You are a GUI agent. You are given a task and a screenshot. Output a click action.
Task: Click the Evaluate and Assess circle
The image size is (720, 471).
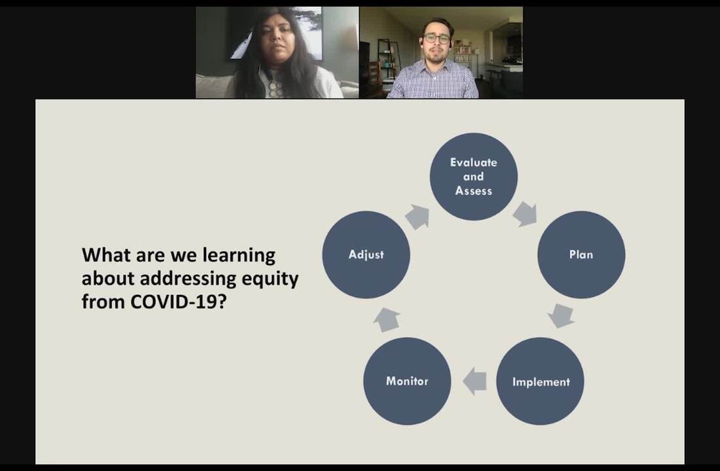[x=473, y=177]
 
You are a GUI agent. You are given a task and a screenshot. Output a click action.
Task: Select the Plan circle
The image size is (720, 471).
[x=581, y=254]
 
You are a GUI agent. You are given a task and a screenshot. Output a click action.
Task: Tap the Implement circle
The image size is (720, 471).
[x=541, y=381]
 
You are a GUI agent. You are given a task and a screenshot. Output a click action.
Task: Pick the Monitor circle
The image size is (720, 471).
[x=407, y=381]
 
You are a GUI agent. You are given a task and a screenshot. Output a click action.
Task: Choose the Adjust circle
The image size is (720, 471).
[x=366, y=254]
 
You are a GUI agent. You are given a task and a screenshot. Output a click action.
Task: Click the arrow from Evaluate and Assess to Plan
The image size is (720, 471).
[x=526, y=214]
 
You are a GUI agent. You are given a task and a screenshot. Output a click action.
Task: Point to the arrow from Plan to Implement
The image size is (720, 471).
[x=561, y=316]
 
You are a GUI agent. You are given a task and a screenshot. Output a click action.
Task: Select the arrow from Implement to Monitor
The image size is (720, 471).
[x=475, y=381]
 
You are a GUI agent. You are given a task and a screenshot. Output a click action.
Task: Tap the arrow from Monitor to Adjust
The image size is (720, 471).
[x=387, y=320]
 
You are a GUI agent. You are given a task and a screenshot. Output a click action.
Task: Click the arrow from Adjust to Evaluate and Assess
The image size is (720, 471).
[x=418, y=217]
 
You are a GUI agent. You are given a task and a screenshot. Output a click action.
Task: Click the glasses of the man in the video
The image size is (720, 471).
[x=437, y=38]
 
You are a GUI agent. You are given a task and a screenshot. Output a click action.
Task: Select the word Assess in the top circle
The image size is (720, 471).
[x=473, y=190]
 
